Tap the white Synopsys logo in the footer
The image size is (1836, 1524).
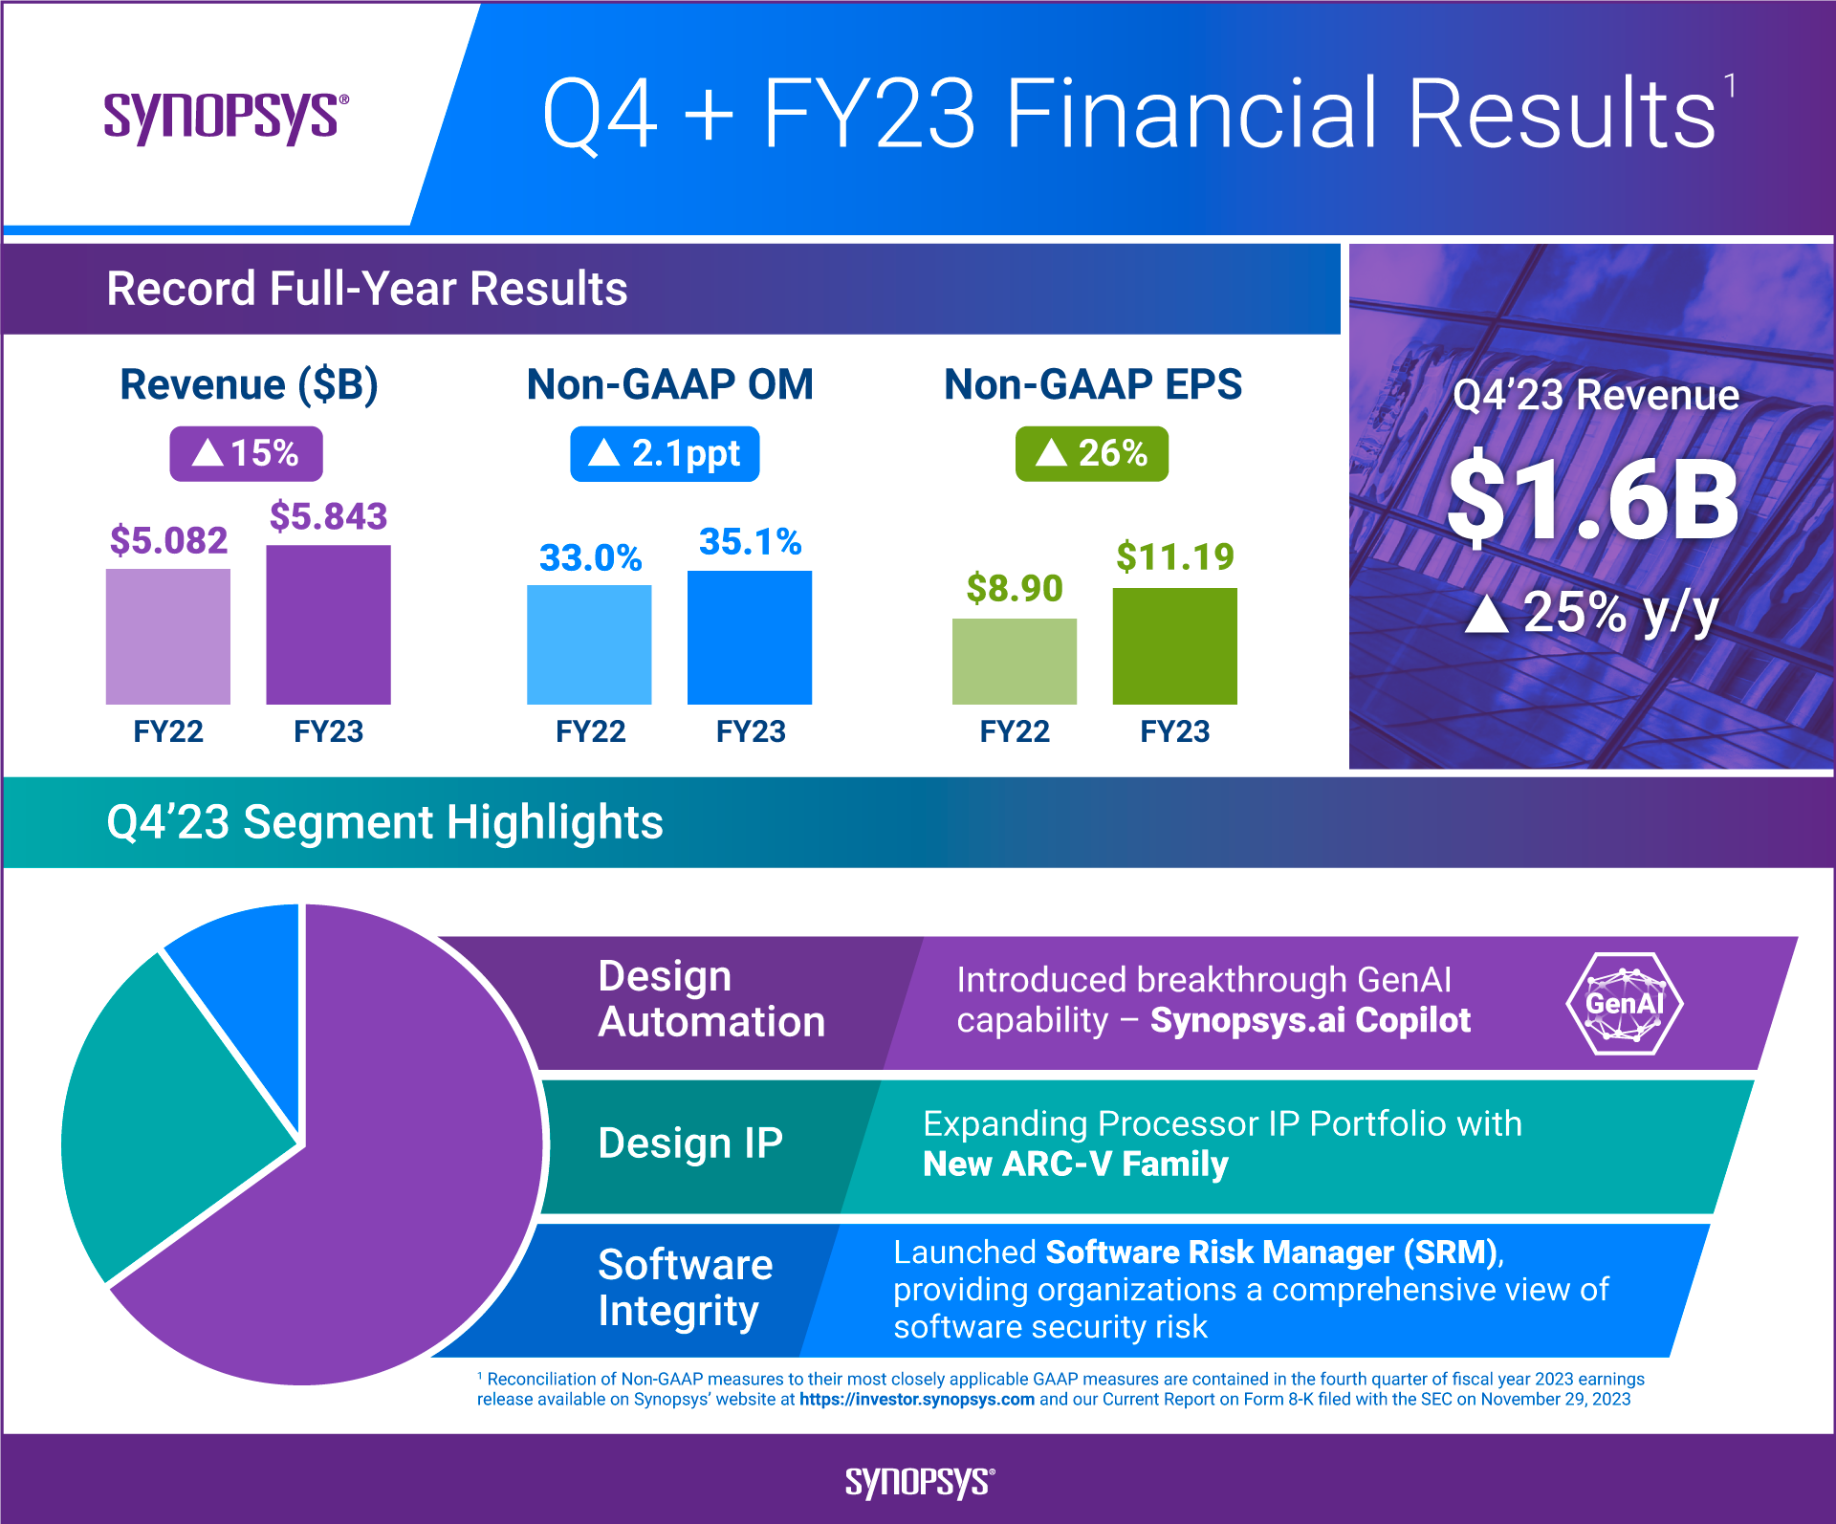pos(919,1481)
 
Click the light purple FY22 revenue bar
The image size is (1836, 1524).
pos(167,637)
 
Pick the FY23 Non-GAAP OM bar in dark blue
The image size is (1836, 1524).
pos(749,638)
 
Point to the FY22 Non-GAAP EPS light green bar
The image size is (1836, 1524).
pos(1014,662)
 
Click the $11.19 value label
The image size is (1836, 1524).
pos(1174,556)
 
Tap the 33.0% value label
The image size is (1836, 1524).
pos(590,557)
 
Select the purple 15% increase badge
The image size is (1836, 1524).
pos(246,453)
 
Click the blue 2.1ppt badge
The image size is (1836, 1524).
pos(665,453)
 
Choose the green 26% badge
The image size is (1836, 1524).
pos(1091,453)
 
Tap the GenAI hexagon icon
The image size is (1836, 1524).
pos(1624,1004)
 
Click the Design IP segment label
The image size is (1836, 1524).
pos(689,1143)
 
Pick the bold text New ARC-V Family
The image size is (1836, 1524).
pos(1075,1165)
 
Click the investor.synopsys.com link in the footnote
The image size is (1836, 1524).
pos(916,1400)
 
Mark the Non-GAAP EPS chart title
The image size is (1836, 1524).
pos(1092,384)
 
